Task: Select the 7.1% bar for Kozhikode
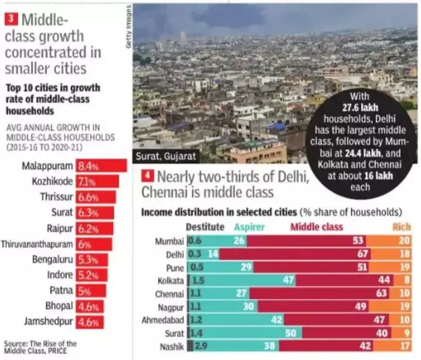pyautogui.click(x=97, y=181)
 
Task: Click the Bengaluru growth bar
pyautogui.click(x=92, y=259)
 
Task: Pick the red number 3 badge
pyautogui.click(x=11, y=19)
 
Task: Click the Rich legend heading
pyautogui.click(x=402, y=227)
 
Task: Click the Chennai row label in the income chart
pyautogui.click(x=171, y=293)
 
